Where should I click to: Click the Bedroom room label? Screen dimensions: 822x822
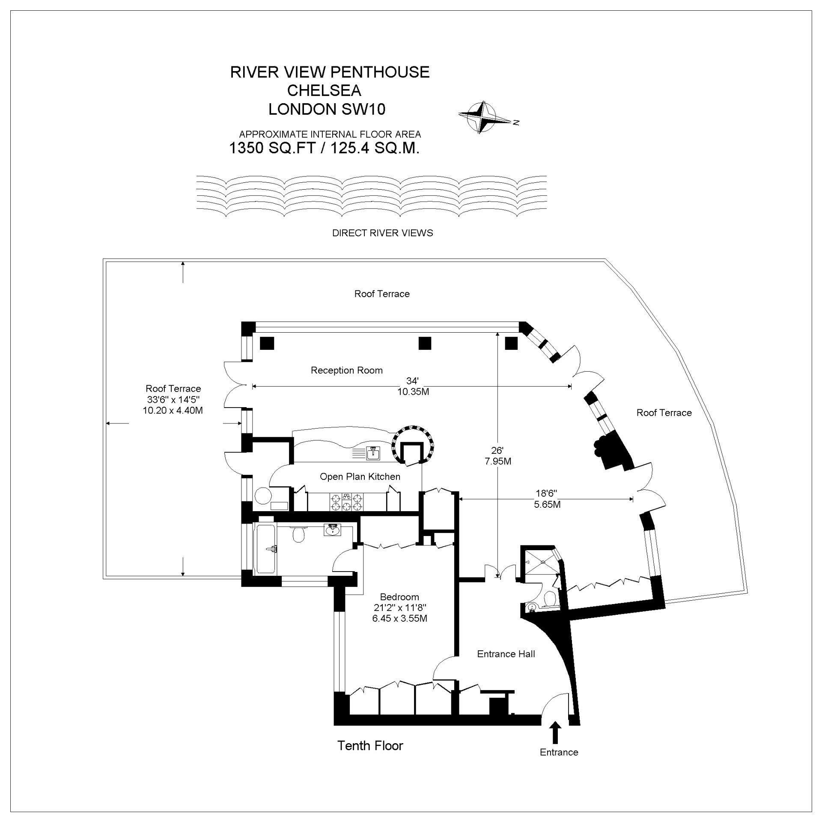pyautogui.click(x=399, y=597)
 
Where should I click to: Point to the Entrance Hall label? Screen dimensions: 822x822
pyautogui.click(x=506, y=654)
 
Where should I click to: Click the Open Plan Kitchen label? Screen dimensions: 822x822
pyautogui.click(x=360, y=477)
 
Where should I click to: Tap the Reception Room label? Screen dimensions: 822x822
pyautogui.click(x=347, y=370)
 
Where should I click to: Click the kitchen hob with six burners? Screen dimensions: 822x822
pyautogui.click(x=346, y=502)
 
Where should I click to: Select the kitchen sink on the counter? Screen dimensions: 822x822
pyautogui.click(x=373, y=453)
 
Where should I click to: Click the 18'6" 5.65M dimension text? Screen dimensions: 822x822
pyautogui.click(x=547, y=499)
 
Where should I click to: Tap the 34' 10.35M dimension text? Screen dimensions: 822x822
pyautogui.click(x=413, y=386)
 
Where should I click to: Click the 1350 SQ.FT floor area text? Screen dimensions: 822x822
pyautogui.click(x=324, y=148)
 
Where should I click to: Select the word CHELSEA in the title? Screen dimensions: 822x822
pyautogui.click(x=324, y=90)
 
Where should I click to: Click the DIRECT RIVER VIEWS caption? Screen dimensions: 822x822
pyautogui.click(x=382, y=233)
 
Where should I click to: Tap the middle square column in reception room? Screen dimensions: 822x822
pyautogui.click(x=425, y=343)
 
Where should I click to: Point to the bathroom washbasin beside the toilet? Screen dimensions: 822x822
pyautogui.click(x=332, y=530)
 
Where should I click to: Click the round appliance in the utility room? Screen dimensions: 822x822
pyautogui.click(x=263, y=496)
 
